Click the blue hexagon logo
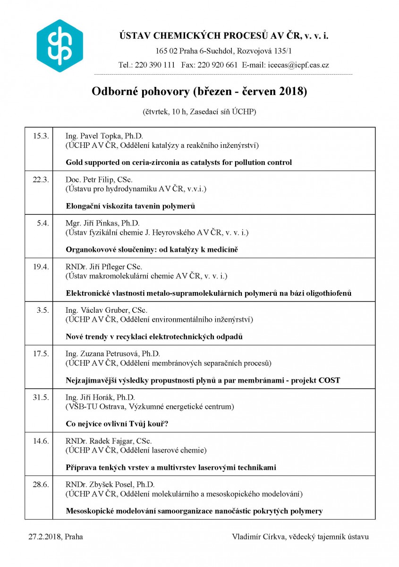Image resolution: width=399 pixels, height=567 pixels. [x=59, y=46]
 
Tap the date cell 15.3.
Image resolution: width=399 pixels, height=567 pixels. [x=41, y=136]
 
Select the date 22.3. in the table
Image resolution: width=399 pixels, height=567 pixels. [x=41, y=180]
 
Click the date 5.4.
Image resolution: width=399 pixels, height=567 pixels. [x=42, y=223]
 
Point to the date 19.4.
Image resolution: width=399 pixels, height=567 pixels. [x=41, y=266]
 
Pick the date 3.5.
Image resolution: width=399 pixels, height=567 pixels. [x=42, y=310]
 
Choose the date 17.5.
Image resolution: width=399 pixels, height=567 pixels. [x=41, y=353]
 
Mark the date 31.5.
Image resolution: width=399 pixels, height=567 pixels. [x=41, y=397]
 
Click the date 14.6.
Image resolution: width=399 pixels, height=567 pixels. [x=41, y=441]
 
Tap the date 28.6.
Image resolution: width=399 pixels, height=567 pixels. [x=41, y=484]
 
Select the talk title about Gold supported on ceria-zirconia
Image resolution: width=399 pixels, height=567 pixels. [x=178, y=163]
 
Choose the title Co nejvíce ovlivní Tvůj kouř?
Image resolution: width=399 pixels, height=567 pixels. [x=117, y=424]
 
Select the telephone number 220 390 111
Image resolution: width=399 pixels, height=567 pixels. [x=155, y=65]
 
